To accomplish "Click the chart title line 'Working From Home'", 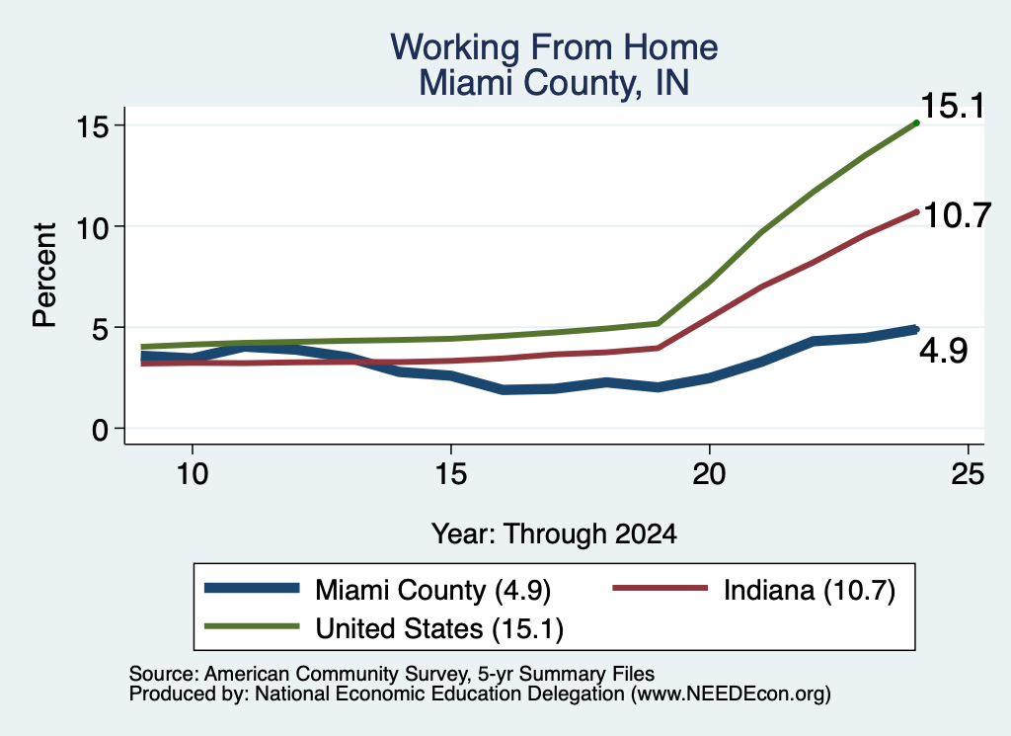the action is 554,47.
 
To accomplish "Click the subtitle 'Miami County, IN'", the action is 554,83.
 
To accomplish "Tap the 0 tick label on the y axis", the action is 101,430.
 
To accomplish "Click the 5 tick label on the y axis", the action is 101,328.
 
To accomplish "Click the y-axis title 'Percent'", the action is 45,276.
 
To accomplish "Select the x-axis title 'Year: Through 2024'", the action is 554,534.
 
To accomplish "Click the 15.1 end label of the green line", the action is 953,106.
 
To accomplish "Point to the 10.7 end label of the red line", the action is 957,215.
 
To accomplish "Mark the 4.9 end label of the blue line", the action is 943,352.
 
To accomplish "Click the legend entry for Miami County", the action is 378,590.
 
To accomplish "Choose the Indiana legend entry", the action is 753,590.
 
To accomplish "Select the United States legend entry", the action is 384,628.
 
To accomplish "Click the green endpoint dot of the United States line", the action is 916,123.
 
